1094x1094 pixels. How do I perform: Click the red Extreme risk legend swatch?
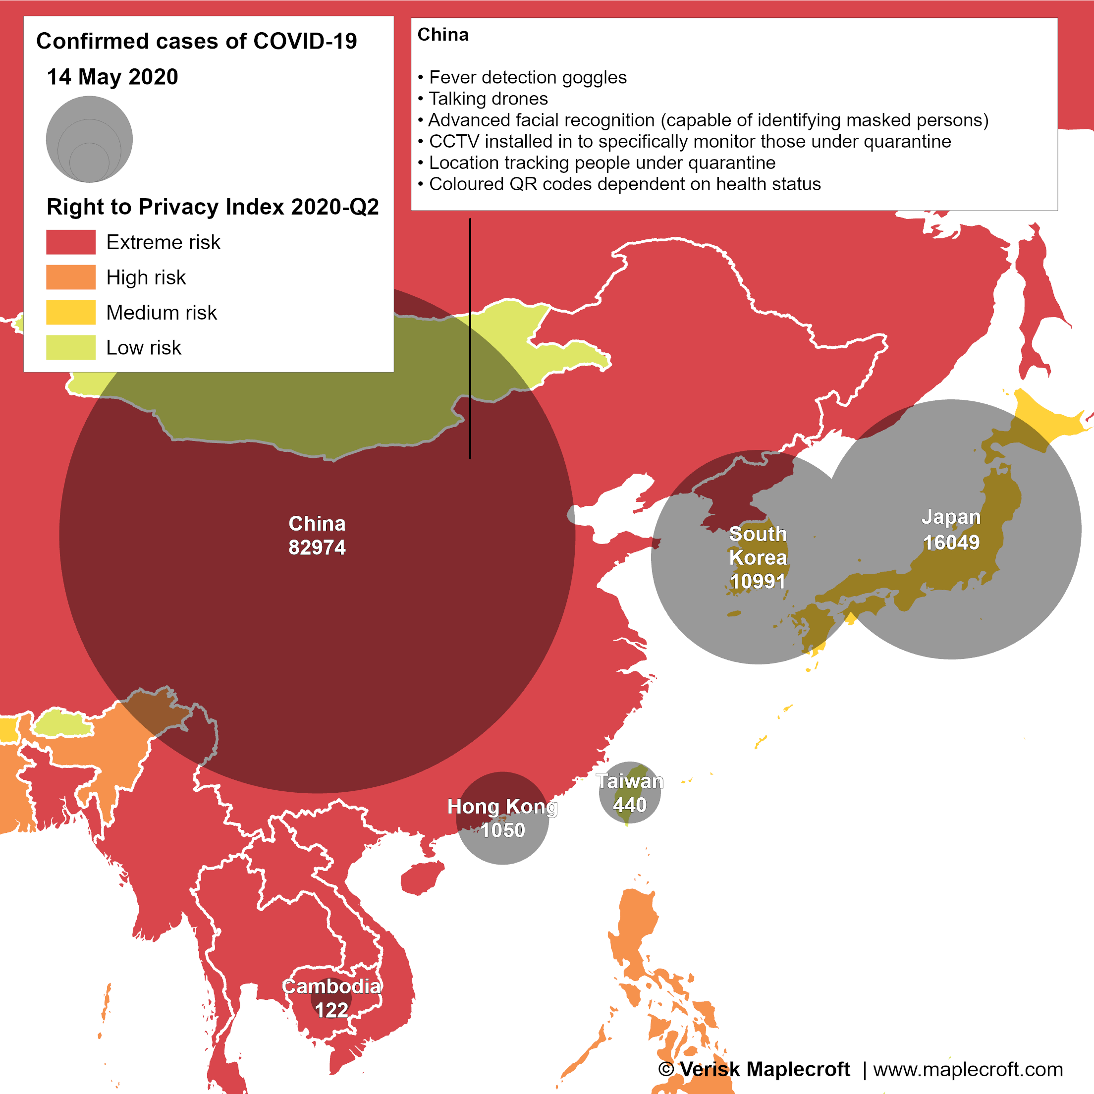pos(71,242)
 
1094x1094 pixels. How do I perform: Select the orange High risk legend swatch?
pos(71,277)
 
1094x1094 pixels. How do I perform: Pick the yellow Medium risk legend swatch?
pos(71,312)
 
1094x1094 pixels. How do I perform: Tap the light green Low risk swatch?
pos(71,347)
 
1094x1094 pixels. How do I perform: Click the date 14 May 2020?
pos(112,77)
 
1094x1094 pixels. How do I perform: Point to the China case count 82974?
pos(317,547)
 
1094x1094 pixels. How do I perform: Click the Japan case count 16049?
pos(951,543)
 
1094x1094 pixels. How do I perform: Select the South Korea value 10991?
pos(758,582)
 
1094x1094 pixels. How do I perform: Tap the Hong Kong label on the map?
pos(502,806)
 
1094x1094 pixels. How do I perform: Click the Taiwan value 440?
pos(630,805)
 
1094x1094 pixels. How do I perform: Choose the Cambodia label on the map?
pos(331,986)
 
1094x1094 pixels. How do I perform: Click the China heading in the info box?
pos(443,35)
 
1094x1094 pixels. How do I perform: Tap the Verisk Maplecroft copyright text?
pos(754,1069)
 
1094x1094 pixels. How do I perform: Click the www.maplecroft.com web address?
pos(968,1069)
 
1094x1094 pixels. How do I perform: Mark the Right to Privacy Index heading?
pos(213,207)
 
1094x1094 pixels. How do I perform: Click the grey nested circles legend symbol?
pos(90,139)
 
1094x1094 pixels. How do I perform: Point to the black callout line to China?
pos(470,340)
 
